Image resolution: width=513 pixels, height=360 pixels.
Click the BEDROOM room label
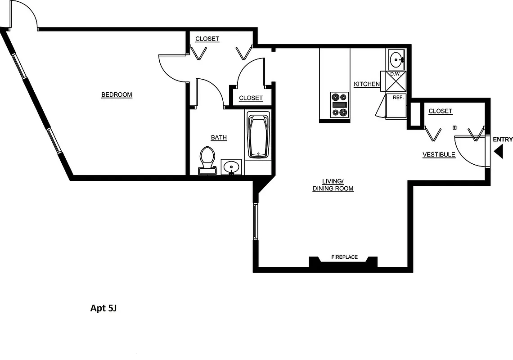coord(117,94)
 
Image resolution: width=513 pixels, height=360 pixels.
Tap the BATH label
coord(219,137)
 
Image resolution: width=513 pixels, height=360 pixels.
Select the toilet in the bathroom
coord(207,160)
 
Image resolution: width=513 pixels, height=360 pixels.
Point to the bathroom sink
coord(232,167)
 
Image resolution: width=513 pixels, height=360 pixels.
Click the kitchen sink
coord(396,59)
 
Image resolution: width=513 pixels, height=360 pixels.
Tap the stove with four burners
coord(339,105)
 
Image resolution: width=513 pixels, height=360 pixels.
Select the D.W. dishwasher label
coord(395,74)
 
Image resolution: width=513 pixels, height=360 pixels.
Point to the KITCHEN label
coord(367,84)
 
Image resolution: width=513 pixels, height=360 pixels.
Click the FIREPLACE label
coord(344,257)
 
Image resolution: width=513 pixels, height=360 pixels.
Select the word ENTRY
coord(503,139)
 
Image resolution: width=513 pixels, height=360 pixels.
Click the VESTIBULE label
coord(439,155)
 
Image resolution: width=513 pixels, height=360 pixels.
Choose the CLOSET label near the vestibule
coord(440,111)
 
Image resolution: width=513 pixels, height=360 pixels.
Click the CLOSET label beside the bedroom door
coord(207,39)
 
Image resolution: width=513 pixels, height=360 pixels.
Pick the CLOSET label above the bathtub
coord(251,98)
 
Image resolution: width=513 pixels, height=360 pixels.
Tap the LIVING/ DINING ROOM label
coord(333,185)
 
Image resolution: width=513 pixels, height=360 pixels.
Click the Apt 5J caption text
coord(103,308)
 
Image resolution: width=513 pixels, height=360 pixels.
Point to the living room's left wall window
coord(255,221)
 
